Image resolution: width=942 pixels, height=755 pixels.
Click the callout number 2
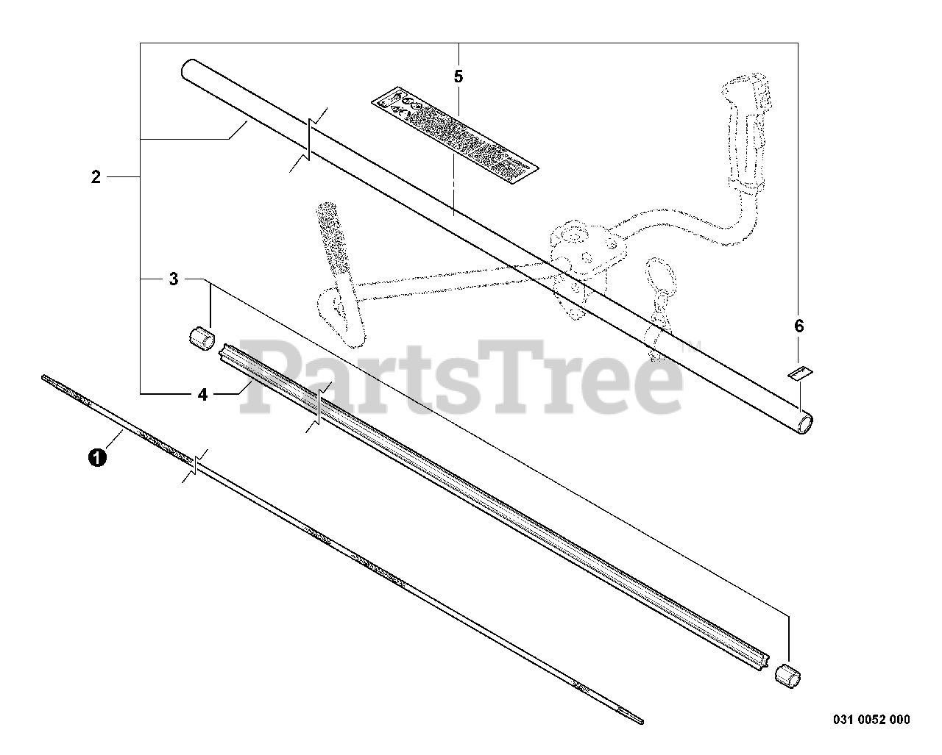click(96, 177)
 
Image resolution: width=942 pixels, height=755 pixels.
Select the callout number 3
click(174, 279)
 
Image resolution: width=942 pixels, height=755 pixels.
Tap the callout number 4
click(202, 395)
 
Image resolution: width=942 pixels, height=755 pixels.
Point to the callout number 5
click(458, 76)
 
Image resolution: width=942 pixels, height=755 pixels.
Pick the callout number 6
click(799, 326)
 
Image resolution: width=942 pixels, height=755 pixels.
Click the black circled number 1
click(95, 458)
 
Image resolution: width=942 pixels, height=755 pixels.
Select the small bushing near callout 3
click(199, 340)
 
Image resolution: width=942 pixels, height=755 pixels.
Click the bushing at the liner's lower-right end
click(787, 676)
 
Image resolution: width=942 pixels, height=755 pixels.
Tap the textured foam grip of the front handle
click(329, 237)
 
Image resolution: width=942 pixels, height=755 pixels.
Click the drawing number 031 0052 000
click(861, 719)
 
